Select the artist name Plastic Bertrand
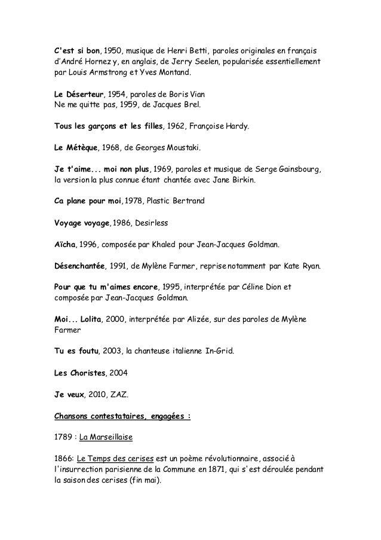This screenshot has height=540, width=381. click(176, 202)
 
